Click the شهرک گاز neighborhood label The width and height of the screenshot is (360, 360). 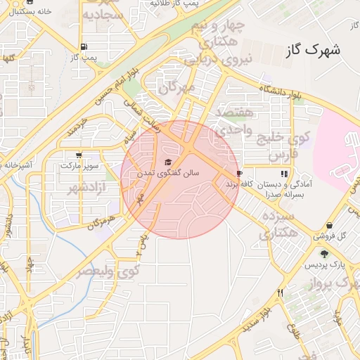point(314,51)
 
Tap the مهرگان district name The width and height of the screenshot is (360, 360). point(176,88)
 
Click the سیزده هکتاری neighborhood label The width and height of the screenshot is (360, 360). point(275,224)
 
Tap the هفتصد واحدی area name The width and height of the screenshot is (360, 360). point(229,121)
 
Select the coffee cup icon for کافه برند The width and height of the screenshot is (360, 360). point(240,173)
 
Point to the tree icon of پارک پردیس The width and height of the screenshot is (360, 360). point(323,254)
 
